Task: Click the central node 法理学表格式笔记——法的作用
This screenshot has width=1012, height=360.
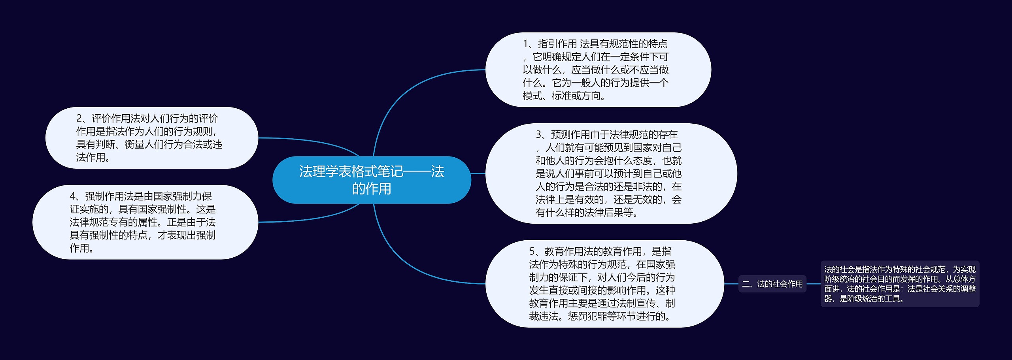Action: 372,180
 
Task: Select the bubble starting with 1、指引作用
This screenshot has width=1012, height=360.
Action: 598,70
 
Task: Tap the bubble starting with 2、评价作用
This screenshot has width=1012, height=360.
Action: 152,138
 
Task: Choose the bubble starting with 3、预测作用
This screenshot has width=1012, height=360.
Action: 611,173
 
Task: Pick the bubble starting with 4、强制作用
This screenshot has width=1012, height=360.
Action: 145,222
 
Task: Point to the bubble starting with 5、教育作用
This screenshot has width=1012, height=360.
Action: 605,284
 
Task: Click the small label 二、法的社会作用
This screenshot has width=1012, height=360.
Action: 772,284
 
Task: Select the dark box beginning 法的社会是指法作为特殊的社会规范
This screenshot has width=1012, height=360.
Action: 900,284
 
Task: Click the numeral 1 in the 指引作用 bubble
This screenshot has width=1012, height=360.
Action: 525,44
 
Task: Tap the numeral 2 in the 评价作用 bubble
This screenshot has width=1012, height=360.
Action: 79,119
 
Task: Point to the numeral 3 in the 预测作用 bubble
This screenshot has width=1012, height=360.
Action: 538,135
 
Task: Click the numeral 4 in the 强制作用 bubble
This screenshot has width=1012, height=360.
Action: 73,196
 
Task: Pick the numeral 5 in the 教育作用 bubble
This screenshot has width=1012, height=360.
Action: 532,251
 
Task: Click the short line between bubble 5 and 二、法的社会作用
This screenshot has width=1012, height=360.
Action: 731,284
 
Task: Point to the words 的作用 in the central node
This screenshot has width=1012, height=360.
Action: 372,189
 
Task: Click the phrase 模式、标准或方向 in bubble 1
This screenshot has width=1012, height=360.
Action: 561,96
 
